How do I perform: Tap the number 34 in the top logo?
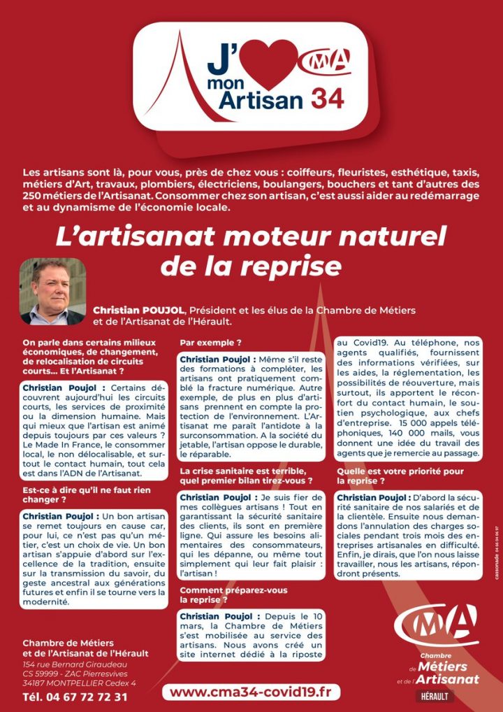click(328, 99)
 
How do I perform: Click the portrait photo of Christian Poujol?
click(52, 291)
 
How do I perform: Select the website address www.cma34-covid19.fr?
click(251, 692)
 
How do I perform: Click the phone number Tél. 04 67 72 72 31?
click(75, 697)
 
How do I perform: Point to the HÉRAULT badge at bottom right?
click(435, 696)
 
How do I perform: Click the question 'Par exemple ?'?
click(211, 343)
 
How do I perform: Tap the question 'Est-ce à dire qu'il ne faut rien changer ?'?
click(87, 495)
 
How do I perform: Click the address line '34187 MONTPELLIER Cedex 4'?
click(79, 683)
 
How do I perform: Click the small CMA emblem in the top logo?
click(326, 61)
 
